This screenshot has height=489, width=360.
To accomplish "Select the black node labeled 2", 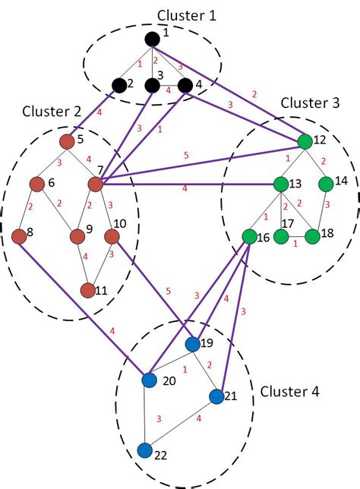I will click(118, 84).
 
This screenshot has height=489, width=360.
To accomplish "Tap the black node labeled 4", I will click(185, 84).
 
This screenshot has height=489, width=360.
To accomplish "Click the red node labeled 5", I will click(66, 141).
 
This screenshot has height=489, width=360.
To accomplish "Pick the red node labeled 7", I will click(96, 185).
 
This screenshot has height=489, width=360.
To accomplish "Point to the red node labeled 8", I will click(19, 236).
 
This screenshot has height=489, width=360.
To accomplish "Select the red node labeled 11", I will click(87, 290).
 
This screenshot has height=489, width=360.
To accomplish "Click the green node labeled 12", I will click(305, 141).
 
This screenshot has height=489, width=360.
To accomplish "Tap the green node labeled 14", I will click(327, 184).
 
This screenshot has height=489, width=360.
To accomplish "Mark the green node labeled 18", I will click(312, 236).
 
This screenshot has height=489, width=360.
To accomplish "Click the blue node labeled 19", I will click(193, 344).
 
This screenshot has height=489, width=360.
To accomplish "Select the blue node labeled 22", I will click(145, 450).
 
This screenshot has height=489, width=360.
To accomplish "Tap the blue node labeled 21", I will click(216, 396).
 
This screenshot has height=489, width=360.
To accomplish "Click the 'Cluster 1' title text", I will click(187, 14).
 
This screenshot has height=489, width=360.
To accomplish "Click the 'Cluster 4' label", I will click(289, 392).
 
